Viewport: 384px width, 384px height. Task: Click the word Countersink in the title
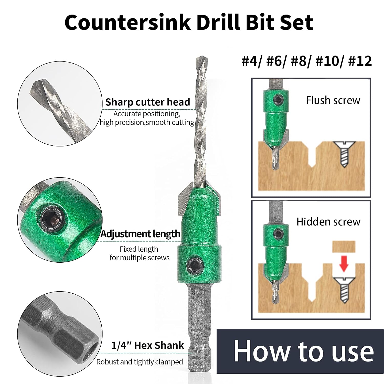tap(127, 23)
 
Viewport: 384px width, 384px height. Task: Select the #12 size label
tap(360, 61)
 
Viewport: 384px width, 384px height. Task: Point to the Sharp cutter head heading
tap(148, 102)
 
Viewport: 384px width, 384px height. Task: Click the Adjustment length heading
tap(140, 234)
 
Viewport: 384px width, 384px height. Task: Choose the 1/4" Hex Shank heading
tap(147, 345)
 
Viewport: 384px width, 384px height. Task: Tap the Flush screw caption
tap(333, 100)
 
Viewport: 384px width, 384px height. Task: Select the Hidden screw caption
tap(328, 222)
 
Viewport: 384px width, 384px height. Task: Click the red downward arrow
tap(344, 264)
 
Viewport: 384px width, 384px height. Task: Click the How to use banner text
tap(303, 351)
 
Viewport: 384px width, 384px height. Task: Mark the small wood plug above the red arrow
tap(344, 247)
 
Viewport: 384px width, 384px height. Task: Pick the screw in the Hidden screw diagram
tap(344, 289)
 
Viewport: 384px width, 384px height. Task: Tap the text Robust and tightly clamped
tap(140, 362)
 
